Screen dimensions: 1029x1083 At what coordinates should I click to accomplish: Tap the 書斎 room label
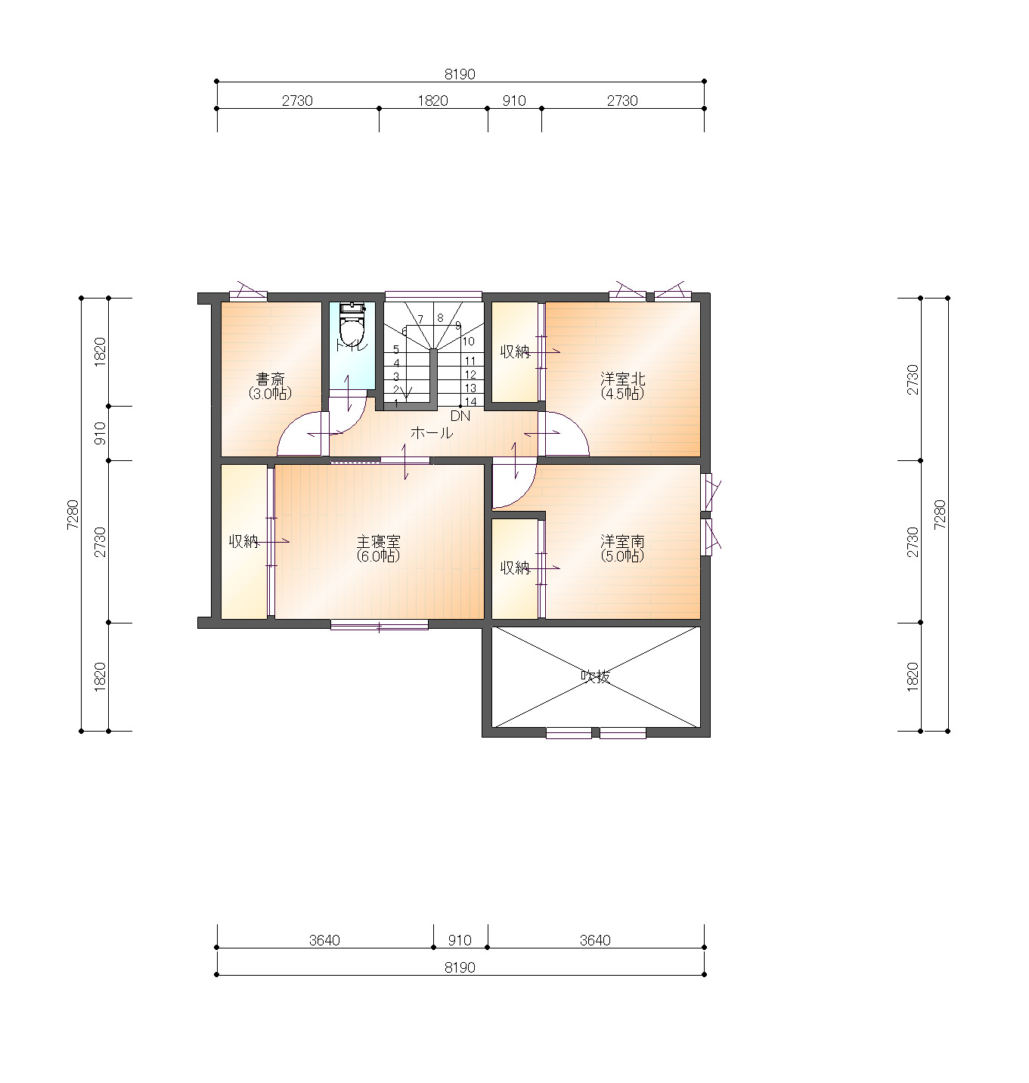(x=270, y=379)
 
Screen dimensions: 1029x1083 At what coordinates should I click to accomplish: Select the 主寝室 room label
(x=378, y=541)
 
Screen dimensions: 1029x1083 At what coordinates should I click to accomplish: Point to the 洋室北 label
(x=622, y=379)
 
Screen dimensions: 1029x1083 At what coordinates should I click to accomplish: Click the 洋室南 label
(x=622, y=541)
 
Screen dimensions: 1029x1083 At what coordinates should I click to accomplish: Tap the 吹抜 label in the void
(x=596, y=676)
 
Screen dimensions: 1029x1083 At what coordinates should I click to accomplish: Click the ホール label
(x=432, y=433)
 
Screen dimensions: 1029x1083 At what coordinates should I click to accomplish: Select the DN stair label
(x=460, y=416)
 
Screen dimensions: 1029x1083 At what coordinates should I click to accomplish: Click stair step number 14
(x=470, y=401)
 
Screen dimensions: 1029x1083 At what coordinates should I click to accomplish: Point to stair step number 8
(x=440, y=318)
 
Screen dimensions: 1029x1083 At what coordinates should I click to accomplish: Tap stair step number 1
(x=395, y=403)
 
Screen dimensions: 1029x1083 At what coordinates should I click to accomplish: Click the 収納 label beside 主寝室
(x=243, y=541)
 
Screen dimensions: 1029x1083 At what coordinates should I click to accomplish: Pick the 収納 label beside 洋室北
(x=515, y=351)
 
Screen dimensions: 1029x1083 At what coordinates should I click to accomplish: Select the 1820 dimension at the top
(x=432, y=101)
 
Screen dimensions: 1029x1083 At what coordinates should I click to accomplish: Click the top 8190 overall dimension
(x=460, y=74)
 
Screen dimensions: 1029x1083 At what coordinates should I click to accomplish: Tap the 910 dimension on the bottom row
(x=460, y=939)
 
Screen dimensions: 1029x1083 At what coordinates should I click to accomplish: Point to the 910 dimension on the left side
(x=100, y=433)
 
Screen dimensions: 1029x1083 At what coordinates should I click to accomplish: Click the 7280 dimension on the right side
(x=940, y=515)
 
